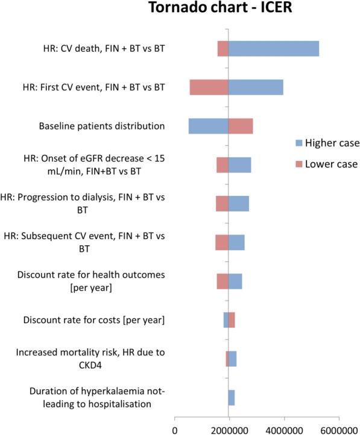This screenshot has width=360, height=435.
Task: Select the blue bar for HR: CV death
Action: tap(273, 49)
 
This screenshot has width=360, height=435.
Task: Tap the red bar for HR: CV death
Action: tap(223, 49)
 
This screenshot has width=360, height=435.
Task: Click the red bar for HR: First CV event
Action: tap(209, 87)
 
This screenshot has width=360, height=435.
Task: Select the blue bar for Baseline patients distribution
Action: tap(208, 126)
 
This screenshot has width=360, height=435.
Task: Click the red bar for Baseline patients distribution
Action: tap(241, 126)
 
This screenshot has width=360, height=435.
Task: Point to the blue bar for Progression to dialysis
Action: tap(238, 204)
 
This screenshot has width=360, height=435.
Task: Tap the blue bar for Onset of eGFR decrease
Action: tap(239, 164)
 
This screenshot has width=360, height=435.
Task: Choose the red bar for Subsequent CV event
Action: tap(222, 242)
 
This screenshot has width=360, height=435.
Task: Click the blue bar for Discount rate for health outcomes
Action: tap(235, 281)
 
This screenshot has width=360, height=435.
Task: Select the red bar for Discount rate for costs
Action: tap(232, 319)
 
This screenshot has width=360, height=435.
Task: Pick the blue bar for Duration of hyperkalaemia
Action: tap(232, 397)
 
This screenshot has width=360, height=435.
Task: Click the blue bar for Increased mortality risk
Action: tap(232, 358)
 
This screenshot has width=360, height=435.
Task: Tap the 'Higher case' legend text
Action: tap(332, 143)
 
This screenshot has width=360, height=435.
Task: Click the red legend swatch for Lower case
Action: tap(298, 163)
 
